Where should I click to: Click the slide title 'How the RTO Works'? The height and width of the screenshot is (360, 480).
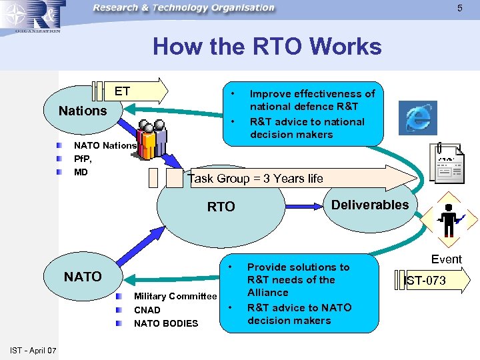(267, 47)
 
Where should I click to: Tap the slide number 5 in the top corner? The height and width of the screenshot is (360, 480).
(459, 8)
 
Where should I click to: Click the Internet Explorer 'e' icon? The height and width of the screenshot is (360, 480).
(417, 118)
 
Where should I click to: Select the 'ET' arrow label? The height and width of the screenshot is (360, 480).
(123, 91)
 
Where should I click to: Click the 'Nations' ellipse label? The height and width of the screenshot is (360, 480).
(83, 111)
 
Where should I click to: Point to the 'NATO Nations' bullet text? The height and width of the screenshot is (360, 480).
(105, 145)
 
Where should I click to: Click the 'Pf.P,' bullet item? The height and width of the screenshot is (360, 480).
(83, 159)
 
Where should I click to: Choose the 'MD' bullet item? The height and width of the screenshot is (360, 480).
(81, 172)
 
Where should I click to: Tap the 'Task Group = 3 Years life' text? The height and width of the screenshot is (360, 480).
(255, 178)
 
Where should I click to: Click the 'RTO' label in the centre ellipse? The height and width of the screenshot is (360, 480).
(221, 207)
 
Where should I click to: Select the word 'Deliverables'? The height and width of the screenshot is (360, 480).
(370, 205)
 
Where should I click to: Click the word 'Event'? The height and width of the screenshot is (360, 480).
(446, 259)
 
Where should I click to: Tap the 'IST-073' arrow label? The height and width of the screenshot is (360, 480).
(425, 281)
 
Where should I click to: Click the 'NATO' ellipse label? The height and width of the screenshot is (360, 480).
(83, 276)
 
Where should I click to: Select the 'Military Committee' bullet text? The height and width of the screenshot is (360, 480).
(175, 296)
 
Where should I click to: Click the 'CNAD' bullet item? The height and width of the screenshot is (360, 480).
(147, 310)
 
